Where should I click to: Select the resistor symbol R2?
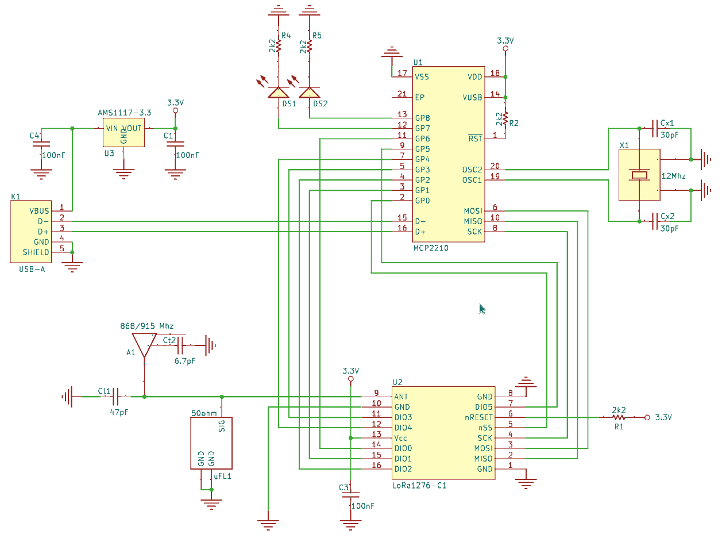505,118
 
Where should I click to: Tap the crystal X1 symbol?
639,175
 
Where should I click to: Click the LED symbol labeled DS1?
279,93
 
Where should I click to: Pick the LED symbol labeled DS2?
310,93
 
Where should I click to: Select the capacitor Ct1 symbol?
115,397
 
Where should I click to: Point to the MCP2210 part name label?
431,248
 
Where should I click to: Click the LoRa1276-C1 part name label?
419,486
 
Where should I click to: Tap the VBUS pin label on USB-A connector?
39,211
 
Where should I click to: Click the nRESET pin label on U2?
478,417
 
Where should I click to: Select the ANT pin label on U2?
401,397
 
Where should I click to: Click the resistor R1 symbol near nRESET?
619,417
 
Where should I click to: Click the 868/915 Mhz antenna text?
146,326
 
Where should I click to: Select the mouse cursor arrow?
482,309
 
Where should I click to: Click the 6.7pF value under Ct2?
184,361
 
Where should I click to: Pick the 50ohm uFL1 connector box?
211,443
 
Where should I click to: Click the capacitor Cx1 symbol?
654,128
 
